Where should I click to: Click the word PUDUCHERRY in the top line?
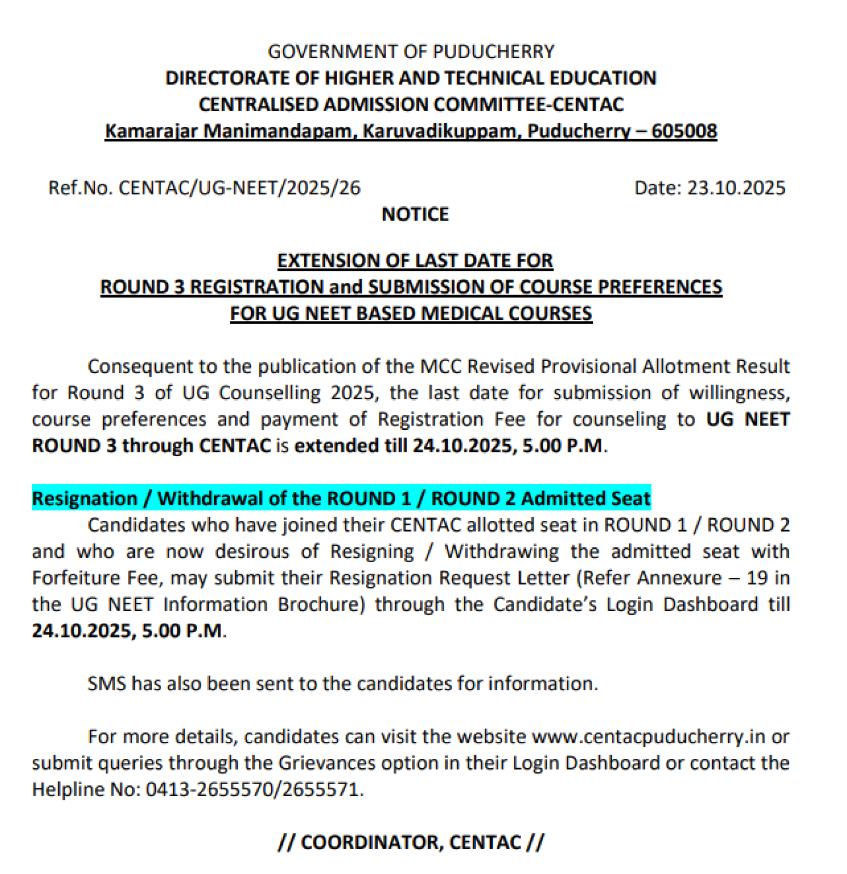point(494,52)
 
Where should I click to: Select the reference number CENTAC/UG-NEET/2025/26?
point(240,188)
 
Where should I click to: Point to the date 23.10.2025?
point(736,188)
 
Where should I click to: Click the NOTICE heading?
point(415,214)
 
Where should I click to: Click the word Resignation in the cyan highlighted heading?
point(85,499)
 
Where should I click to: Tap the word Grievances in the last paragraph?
point(327,763)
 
